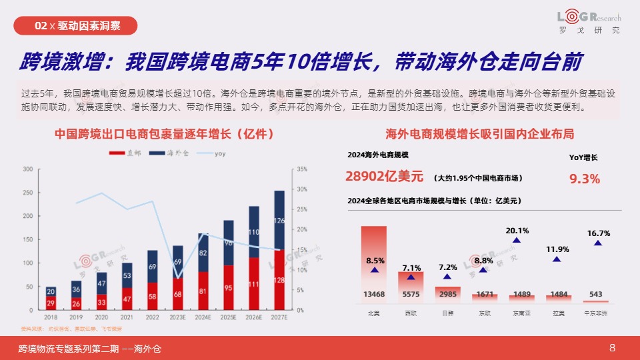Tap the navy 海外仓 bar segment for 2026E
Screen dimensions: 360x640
(254, 231)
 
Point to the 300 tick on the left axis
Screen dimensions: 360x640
(28, 169)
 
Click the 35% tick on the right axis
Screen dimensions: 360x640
(302, 169)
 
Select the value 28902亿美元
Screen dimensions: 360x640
(385, 177)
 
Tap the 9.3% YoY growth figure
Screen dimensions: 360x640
(585, 179)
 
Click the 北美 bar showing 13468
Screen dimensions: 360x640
(374, 263)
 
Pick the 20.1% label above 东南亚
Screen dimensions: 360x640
(517, 231)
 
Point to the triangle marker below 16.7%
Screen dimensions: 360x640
(597, 243)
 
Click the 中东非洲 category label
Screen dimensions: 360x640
(595, 313)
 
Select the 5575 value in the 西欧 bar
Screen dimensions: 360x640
(411, 294)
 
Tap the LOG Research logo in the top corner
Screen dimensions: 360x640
(589, 21)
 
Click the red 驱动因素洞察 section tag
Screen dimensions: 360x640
(77, 26)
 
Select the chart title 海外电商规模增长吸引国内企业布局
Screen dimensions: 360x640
(480, 134)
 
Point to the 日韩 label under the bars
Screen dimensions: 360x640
(447, 313)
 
